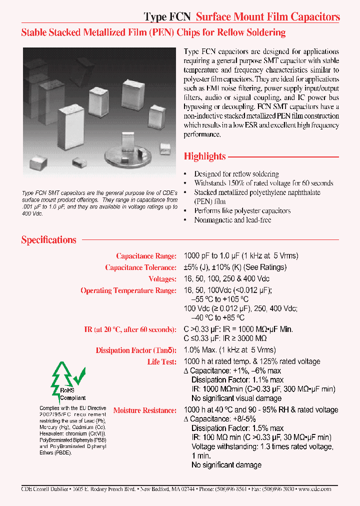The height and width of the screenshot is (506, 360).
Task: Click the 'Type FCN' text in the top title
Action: [167, 17]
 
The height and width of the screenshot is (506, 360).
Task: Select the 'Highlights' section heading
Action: [204, 156]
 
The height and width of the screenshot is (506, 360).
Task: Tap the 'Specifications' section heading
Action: [48, 240]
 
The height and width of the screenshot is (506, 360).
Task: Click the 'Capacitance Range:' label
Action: [146, 256]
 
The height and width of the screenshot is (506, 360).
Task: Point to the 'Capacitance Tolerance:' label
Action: [140, 267]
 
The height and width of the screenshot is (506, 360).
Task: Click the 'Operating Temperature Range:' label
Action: [128, 290]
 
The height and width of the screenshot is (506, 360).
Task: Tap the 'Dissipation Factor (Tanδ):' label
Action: [136, 350]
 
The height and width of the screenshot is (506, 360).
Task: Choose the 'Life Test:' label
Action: [161, 361]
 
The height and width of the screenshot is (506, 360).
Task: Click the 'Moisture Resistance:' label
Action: [144, 410]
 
